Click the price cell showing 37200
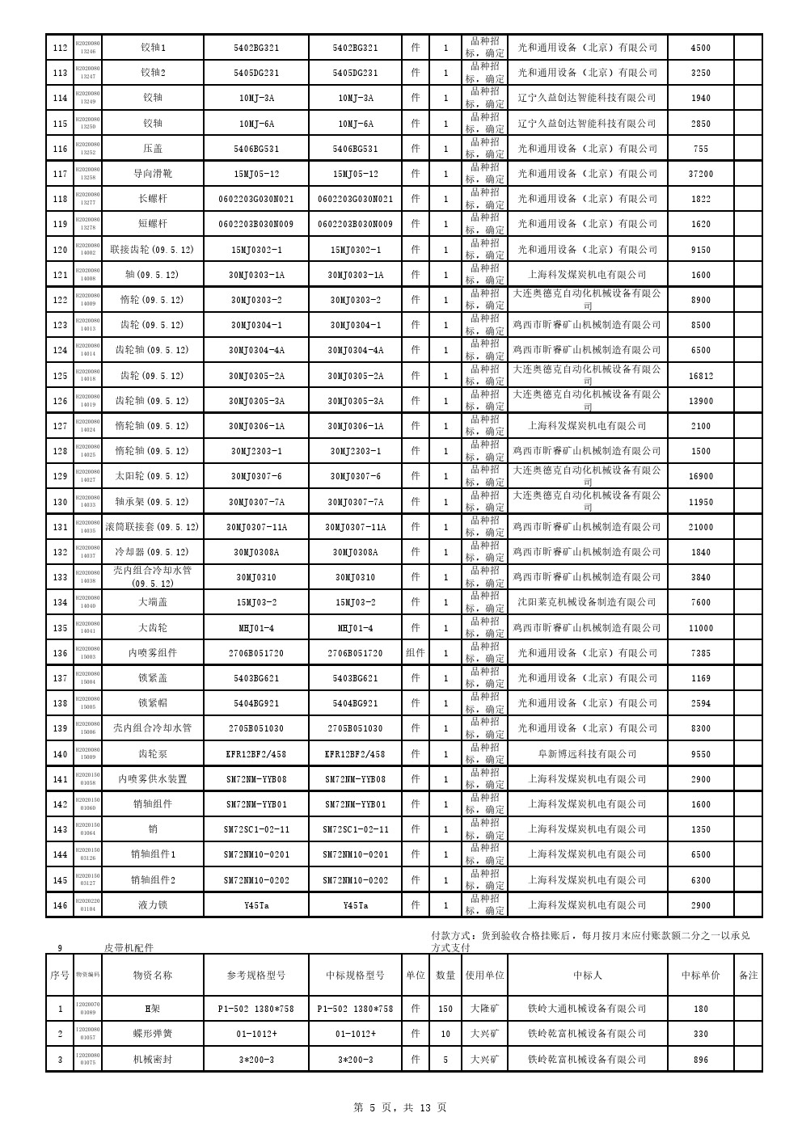pos(700,174)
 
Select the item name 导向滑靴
pos(153,174)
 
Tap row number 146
pos(60,905)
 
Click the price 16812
pos(700,376)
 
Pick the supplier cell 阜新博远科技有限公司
pos(587,754)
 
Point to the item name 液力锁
pos(153,905)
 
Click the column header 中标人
pos(587,975)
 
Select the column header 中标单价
pos(700,975)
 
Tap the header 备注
pos(748,975)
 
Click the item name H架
pos(153,1009)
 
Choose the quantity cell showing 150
pos(445,1009)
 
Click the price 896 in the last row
pos(700,1060)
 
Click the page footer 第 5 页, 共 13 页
pos(400,1107)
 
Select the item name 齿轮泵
pos(153,754)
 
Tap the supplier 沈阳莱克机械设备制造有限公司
pos(587,602)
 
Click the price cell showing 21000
pos(700,527)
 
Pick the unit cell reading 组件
pos(415,653)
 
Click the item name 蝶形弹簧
pos(153,1034)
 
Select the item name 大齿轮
pos(153,628)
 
